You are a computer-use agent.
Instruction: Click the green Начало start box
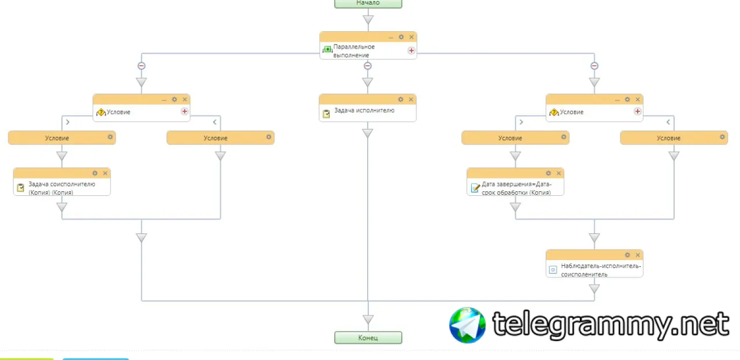pos(368,3)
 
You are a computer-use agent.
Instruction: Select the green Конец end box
pos(368,337)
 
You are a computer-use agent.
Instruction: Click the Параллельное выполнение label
pos(354,51)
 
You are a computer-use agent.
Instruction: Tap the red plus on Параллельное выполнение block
pos(411,50)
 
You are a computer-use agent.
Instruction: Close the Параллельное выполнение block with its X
pos(412,37)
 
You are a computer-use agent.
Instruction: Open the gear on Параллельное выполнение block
pos(401,37)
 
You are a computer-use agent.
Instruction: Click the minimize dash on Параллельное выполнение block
pos(391,37)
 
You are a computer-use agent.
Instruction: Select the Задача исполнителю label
pos(364,110)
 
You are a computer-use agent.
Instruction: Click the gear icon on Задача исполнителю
pos(401,99)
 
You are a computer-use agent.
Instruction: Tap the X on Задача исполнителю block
pos(411,99)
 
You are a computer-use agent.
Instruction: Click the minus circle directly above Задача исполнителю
pos(368,66)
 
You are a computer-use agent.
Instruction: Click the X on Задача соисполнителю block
pos(105,173)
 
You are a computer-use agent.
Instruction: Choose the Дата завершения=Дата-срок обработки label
pos(516,188)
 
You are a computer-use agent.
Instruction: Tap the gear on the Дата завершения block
pos(549,173)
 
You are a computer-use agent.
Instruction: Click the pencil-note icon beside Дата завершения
pos(475,188)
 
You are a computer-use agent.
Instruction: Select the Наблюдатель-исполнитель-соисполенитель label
pos(601,270)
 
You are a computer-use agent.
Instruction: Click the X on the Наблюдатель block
pos(638,255)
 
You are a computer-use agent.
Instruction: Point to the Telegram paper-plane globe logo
pos(468,325)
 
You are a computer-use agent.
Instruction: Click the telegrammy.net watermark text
pos(610,325)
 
